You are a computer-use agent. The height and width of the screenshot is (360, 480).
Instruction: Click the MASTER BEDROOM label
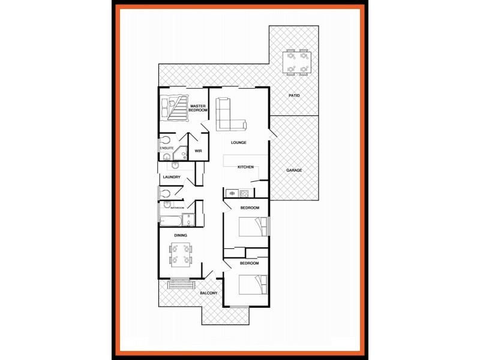tap(198, 108)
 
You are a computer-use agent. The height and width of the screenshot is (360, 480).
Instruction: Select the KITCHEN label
tap(246, 167)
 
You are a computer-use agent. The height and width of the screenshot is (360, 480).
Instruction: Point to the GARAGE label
tap(294, 170)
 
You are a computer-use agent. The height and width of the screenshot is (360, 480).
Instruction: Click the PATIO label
tap(294, 95)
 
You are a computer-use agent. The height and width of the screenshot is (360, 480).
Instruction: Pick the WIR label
tap(198, 151)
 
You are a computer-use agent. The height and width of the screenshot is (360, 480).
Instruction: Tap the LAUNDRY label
tap(172, 177)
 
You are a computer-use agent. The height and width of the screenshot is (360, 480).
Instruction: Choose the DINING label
tap(181, 235)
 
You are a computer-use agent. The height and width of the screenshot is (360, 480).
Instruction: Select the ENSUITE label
tap(167, 148)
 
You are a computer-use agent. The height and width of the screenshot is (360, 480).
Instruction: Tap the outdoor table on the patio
tap(297, 62)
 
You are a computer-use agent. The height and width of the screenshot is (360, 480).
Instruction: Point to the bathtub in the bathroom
tap(170, 220)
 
